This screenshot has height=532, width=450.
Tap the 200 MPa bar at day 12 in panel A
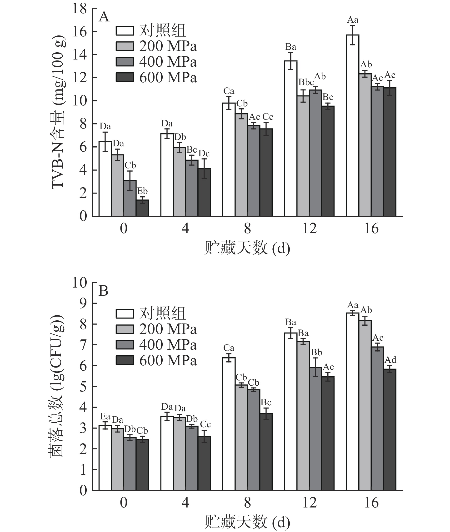pos(303,156)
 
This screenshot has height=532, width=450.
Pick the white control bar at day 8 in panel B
pos(229,424)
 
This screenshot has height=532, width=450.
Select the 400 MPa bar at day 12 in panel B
pos(315,429)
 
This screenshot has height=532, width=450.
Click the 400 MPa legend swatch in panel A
pos(125,62)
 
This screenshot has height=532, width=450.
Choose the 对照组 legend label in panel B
pos(162,313)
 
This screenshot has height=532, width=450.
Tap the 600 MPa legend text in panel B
pos(168,361)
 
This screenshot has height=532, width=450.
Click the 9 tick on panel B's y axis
pos(83,303)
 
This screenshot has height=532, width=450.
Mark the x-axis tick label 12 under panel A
pos(310,229)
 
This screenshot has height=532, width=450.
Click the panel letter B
pos(103,290)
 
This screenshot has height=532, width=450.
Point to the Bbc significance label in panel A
pos(306,82)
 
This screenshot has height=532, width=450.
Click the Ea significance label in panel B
pos(105,417)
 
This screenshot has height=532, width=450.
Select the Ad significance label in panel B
pos(390,360)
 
